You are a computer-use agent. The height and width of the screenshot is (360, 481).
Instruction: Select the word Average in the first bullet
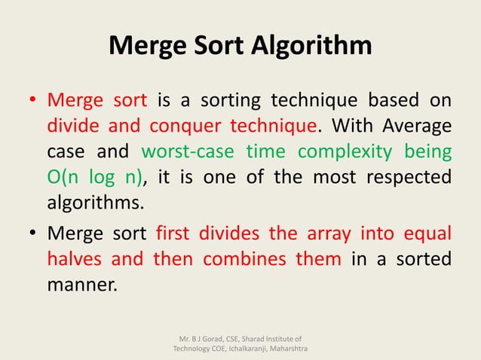pyautogui.click(x=416, y=126)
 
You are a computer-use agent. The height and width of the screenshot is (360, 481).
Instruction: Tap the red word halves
pyautogui.click(x=73, y=259)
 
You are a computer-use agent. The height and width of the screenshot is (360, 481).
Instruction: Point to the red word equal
pyautogui.click(x=427, y=233)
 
